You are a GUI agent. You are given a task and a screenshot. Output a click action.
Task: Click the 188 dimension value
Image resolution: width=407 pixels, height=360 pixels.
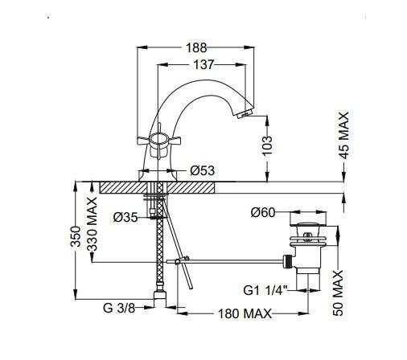(x=196, y=48)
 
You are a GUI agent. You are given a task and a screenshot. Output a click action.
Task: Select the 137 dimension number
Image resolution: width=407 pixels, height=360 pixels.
(x=203, y=65)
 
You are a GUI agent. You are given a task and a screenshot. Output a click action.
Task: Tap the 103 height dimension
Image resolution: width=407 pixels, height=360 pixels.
(x=267, y=145)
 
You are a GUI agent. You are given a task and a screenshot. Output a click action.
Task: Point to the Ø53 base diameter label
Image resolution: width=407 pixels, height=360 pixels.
(x=203, y=170)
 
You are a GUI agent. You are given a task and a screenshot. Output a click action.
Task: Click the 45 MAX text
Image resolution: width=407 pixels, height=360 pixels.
(x=345, y=136)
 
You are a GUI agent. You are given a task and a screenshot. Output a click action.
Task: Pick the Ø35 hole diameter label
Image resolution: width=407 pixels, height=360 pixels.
(x=125, y=217)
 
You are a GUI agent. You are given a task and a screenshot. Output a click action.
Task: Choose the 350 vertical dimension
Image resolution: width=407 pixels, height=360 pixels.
(x=76, y=236)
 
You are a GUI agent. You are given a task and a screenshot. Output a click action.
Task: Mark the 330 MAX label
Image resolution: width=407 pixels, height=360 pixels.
(x=92, y=224)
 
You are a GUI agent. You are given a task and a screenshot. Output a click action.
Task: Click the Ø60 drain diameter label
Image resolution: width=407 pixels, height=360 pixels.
(x=263, y=212)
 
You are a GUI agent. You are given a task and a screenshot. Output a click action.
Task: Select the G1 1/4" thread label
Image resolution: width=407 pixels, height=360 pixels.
(x=265, y=290)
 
